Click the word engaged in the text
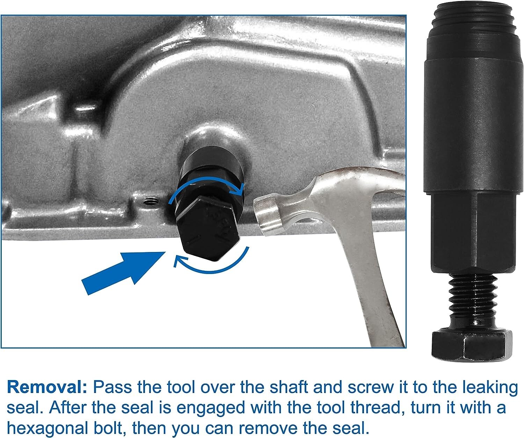(210, 408)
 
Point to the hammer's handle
(374, 297)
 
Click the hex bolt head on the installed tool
(206, 227)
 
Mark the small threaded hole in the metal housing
(151, 201)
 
